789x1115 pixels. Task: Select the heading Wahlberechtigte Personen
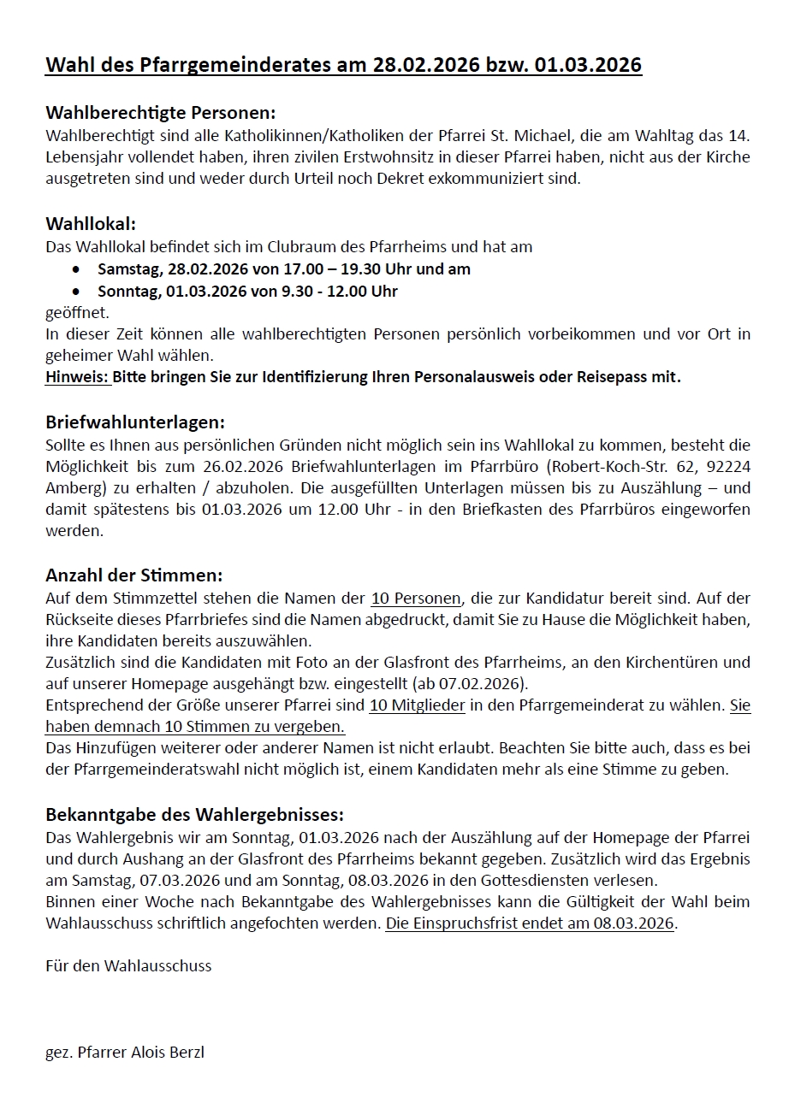pyautogui.click(x=161, y=113)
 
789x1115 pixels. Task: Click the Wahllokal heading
pyautogui.click(x=91, y=225)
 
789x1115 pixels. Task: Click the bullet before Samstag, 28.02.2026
pyautogui.click(x=78, y=269)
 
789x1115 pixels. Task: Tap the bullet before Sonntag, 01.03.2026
pyautogui.click(x=78, y=292)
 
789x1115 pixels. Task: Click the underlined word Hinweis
pyautogui.click(x=78, y=377)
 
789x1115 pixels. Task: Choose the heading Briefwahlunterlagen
pyautogui.click(x=135, y=422)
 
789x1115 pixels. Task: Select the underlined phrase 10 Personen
pyautogui.click(x=416, y=598)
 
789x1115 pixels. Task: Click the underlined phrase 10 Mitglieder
pyautogui.click(x=418, y=705)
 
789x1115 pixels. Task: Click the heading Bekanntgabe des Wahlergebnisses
pyautogui.click(x=194, y=814)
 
